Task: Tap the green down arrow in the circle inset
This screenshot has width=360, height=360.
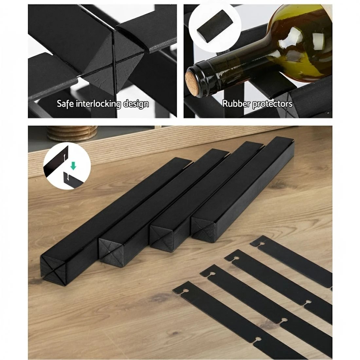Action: (73, 165)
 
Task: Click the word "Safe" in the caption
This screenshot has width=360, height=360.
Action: (65, 103)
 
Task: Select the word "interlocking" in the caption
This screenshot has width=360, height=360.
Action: (99, 104)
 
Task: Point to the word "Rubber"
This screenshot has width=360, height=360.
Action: (237, 103)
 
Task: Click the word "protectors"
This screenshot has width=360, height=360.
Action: (272, 104)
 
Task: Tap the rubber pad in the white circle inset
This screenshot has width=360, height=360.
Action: (215, 26)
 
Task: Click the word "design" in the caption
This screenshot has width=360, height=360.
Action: (136, 104)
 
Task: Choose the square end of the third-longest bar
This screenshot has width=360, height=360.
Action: (161, 239)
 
